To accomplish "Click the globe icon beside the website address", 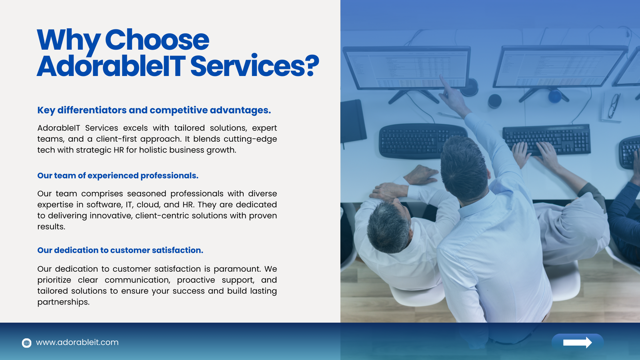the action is click(x=26, y=343).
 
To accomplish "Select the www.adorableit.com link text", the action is click(x=77, y=342).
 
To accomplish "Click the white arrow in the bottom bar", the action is click(x=578, y=342).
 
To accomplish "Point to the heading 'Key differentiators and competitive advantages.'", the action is click(x=154, y=110).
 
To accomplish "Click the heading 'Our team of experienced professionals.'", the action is click(x=118, y=176).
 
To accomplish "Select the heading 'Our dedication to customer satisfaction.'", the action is click(x=120, y=250).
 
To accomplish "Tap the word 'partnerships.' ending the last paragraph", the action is click(x=64, y=302).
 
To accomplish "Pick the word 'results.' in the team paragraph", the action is click(x=52, y=226).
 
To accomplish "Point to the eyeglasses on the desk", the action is click(x=613, y=106).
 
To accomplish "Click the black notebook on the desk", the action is click(x=353, y=121).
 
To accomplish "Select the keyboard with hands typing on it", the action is click(x=546, y=140).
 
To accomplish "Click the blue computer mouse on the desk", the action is click(x=555, y=96).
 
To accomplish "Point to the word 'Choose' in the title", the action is click(x=157, y=40).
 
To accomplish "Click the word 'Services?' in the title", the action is click(x=254, y=66).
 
